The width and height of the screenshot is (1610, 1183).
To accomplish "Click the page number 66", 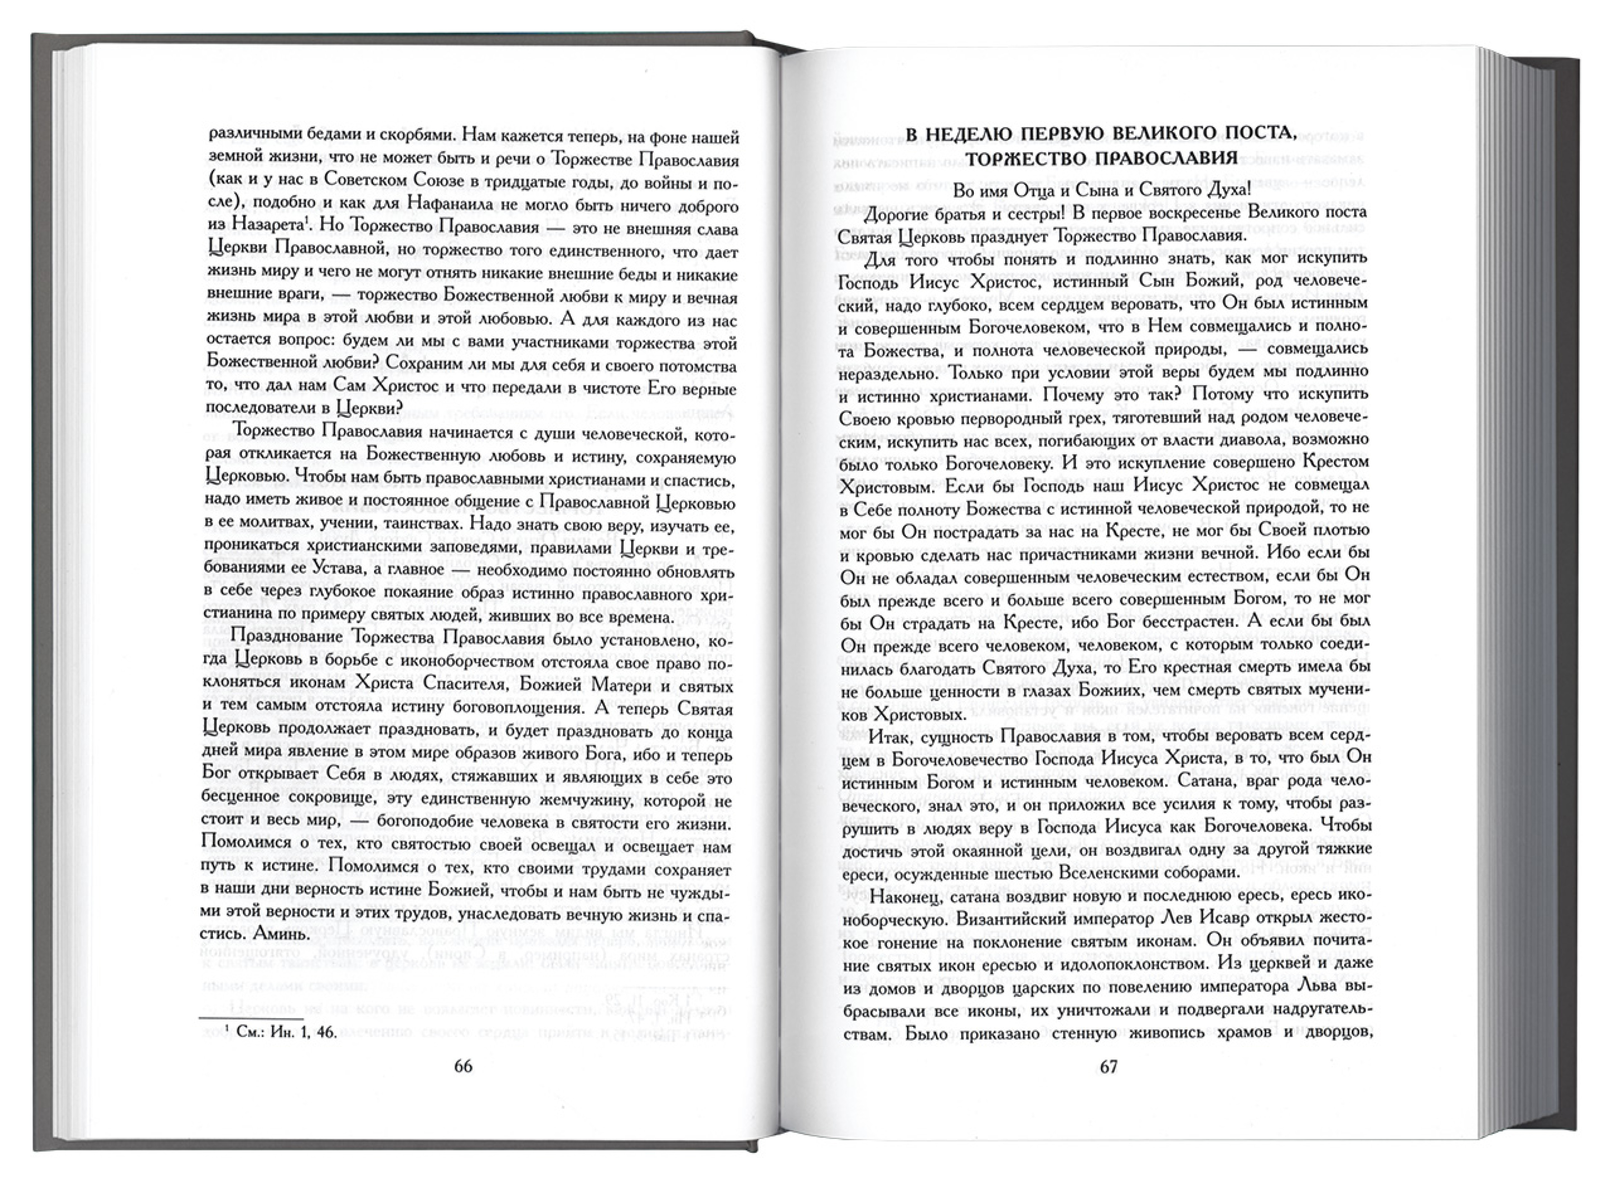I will [463, 1066].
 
